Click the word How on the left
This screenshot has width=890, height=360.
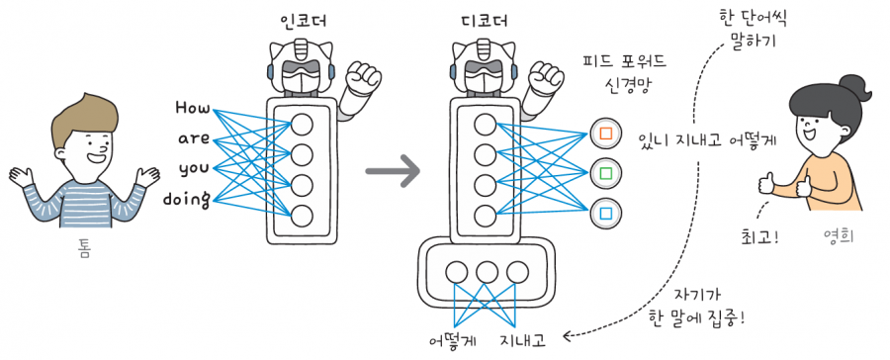pos(192,106)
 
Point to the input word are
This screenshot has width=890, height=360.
pos(194,137)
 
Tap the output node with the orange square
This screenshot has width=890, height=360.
pos(603,132)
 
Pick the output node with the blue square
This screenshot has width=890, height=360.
pos(603,213)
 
